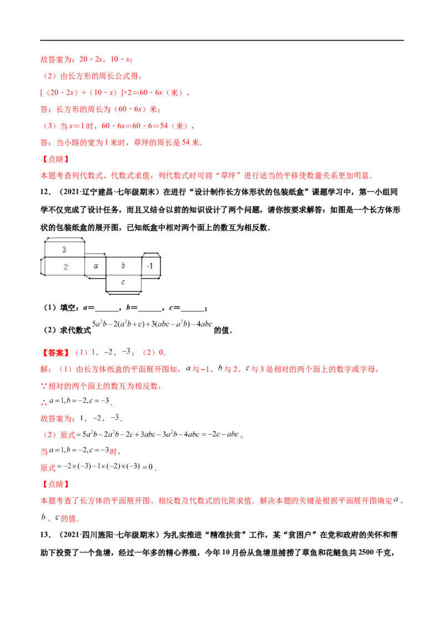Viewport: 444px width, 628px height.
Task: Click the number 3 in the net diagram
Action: pos(64,250)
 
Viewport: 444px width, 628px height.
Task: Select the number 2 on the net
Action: pos(65,267)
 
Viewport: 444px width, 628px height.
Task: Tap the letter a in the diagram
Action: pos(95,266)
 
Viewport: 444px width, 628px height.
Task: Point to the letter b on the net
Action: pos(123,266)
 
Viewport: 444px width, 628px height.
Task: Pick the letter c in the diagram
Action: pos(123,282)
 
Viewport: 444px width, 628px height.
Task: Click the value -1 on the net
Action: pos(150,266)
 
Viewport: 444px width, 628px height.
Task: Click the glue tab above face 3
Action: pos(64,239)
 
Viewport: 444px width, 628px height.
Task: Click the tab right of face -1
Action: pos(162,266)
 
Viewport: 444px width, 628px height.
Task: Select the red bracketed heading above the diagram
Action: pos(56,159)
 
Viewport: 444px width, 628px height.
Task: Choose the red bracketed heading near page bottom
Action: pos(56,485)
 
